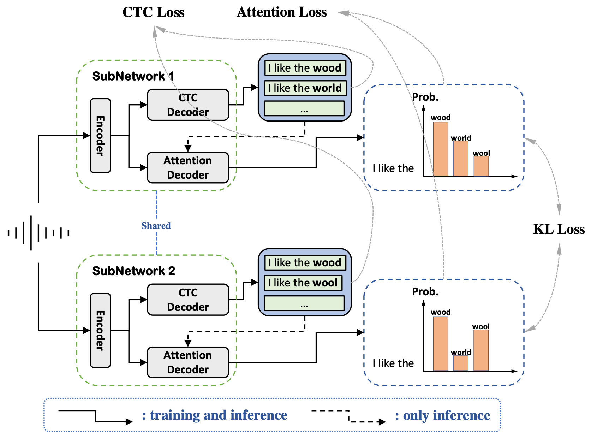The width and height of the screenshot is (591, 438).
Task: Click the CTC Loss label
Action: pyautogui.click(x=153, y=12)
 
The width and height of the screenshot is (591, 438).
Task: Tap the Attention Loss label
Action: pyautogui.click(x=282, y=12)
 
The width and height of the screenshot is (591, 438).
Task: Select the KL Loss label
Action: pyautogui.click(x=559, y=229)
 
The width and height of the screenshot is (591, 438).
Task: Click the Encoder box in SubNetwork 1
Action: pyautogui.click(x=100, y=136)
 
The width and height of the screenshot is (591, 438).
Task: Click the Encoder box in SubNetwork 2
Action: pyautogui.click(x=100, y=330)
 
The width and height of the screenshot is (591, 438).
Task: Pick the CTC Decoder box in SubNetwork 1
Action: pyautogui.click(x=188, y=105)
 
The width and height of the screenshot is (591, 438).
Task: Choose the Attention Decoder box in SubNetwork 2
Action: pyautogui.click(x=188, y=362)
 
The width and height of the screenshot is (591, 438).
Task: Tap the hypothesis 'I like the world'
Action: pyautogui.click(x=305, y=88)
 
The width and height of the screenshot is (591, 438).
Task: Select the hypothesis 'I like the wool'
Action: pyautogui.click(x=303, y=283)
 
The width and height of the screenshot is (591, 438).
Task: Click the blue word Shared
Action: pyautogui.click(x=156, y=226)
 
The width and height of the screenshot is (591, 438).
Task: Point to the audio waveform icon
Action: pyautogui.click(x=38, y=233)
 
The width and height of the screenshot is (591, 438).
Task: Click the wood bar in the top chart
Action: pyautogui.click(x=441, y=149)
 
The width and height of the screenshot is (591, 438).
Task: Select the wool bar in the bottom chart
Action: pyautogui.click(x=481, y=350)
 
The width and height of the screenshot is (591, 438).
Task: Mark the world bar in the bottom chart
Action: pyautogui.click(x=461, y=363)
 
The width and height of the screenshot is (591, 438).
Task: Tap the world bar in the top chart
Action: pyautogui.click(x=461, y=159)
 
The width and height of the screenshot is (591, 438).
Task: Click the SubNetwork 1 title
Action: pyautogui.click(x=133, y=76)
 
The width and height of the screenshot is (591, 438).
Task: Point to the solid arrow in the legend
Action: pyautogui.click(x=95, y=416)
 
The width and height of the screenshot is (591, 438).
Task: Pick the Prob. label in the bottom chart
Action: pyautogui.click(x=425, y=292)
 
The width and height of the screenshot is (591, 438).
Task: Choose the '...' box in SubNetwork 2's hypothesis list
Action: pyautogui.click(x=304, y=303)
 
